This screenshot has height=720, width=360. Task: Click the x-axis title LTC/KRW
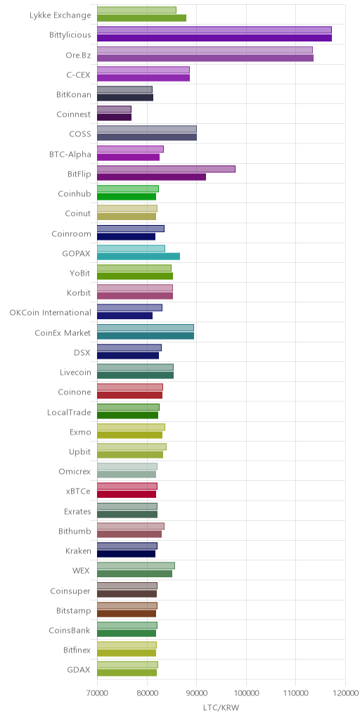221,707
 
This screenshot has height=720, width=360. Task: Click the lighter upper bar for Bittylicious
214,30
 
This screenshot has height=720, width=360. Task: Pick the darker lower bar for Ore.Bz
205,58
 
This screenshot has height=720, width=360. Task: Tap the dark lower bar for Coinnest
115,117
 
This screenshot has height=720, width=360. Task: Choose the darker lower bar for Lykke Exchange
142,18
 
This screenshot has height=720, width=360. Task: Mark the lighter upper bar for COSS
147,129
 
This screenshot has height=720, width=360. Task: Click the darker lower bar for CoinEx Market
146,335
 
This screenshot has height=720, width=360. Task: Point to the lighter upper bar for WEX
136,566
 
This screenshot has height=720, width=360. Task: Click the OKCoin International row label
51,313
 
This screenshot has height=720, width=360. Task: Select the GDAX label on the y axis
79,669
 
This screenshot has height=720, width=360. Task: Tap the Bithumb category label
75,532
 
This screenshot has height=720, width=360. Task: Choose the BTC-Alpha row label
70,154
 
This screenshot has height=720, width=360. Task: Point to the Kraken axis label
78,551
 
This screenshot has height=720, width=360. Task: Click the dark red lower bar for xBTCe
127,494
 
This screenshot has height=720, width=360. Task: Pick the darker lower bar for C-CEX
143,77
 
